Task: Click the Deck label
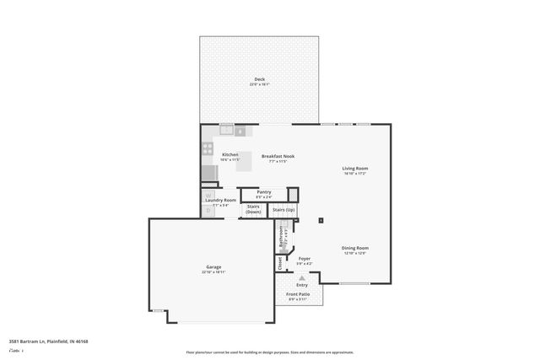pyautogui.click(x=259, y=79)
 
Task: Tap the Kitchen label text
pyautogui.click(x=229, y=155)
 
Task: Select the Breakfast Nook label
pyautogui.click(x=278, y=156)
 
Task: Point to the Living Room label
pyautogui.click(x=354, y=169)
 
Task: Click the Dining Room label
pyautogui.click(x=354, y=248)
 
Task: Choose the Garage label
pyautogui.click(x=213, y=267)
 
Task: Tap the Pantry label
pyautogui.click(x=264, y=192)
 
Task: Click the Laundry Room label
pyautogui.click(x=221, y=200)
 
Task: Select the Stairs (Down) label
pyautogui.click(x=254, y=208)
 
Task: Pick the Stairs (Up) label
pyautogui.click(x=284, y=208)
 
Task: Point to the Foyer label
pyautogui.click(x=304, y=259)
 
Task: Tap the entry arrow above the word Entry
pyautogui.click(x=301, y=277)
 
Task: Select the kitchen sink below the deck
pyautogui.click(x=227, y=130)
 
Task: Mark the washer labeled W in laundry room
pyautogui.click(x=206, y=196)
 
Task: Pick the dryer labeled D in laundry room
pyautogui.click(x=206, y=211)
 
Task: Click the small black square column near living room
pyautogui.click(x=321, y=221)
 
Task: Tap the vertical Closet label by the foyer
pyautogui.click(x=280, y=262)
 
